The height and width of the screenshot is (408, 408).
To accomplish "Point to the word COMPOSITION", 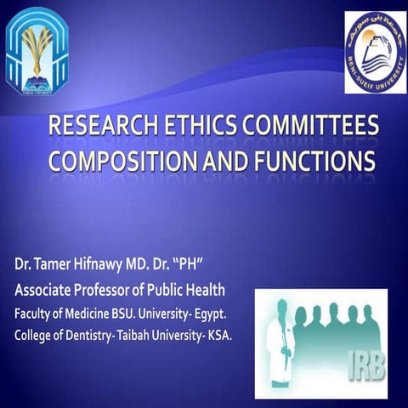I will [125, 161].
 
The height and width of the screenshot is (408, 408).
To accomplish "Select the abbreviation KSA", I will [217, 315].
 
